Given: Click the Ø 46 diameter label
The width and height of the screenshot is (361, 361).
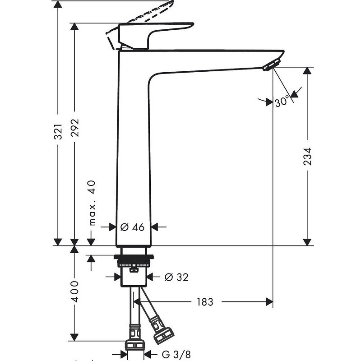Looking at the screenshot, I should pyautogui.click(x=133, y=227).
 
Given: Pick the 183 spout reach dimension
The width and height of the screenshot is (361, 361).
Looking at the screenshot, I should pyautogui.click(x=205, y=301).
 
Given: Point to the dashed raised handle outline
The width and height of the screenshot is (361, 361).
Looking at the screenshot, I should pyautogui.click(x=140, y=16).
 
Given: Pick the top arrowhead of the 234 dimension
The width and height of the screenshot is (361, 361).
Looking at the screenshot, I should pyautogui.click(x=308, y=72).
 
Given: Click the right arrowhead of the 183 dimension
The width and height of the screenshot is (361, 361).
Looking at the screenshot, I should pyautogui.click(x=269, y=301).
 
